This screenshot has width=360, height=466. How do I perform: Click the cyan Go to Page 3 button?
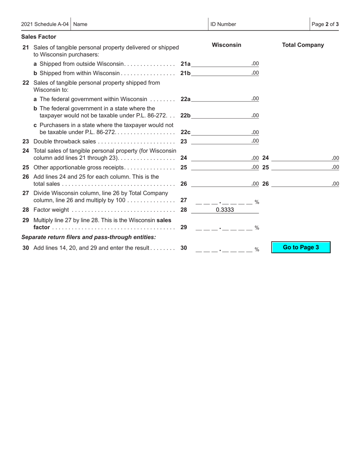click(x=301, y=247)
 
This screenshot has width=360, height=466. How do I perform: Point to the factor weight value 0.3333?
click(x=225, y=210)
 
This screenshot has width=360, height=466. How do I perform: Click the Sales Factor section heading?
click(x=39, y=37)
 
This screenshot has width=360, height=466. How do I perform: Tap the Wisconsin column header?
click(x=226, y=45)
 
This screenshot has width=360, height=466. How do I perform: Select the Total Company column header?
click(x=303, y=45)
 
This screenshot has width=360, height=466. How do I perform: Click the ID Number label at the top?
click(x=223, y=24)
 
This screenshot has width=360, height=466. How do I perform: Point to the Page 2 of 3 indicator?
click(x=325, y=24)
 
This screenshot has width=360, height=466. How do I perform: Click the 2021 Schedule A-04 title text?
click(x=45, y=24)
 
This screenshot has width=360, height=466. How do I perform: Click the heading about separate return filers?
click(x=89, y=237)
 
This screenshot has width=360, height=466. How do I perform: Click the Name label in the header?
click(x=80, y=24)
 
